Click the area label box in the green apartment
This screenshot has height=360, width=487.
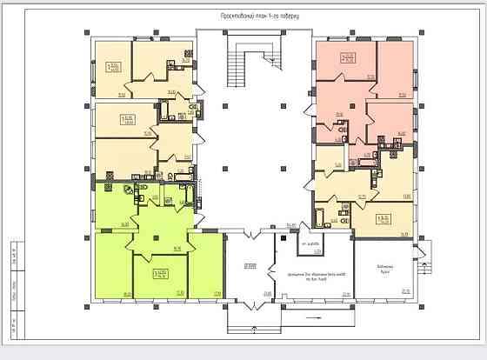[x=160, y=276]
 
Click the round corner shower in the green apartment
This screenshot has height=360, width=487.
[x=129, y=188]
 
